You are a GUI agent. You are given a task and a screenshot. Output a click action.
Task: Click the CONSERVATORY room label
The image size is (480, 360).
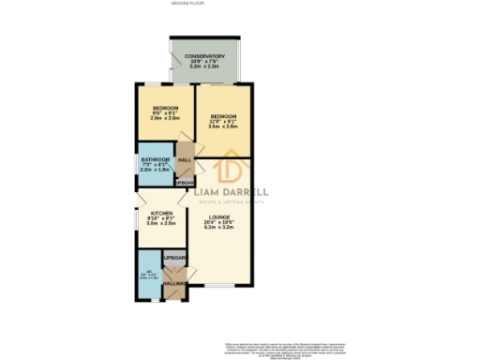(205, 56)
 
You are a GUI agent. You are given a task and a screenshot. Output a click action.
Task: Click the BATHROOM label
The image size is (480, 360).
(155, 159)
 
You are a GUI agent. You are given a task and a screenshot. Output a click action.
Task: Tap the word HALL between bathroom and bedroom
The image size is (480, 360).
(185, 159)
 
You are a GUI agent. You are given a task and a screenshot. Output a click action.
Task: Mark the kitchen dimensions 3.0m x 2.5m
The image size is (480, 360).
(161, 223)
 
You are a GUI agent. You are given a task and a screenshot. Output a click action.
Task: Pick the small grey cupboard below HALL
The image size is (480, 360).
(185, 182)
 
